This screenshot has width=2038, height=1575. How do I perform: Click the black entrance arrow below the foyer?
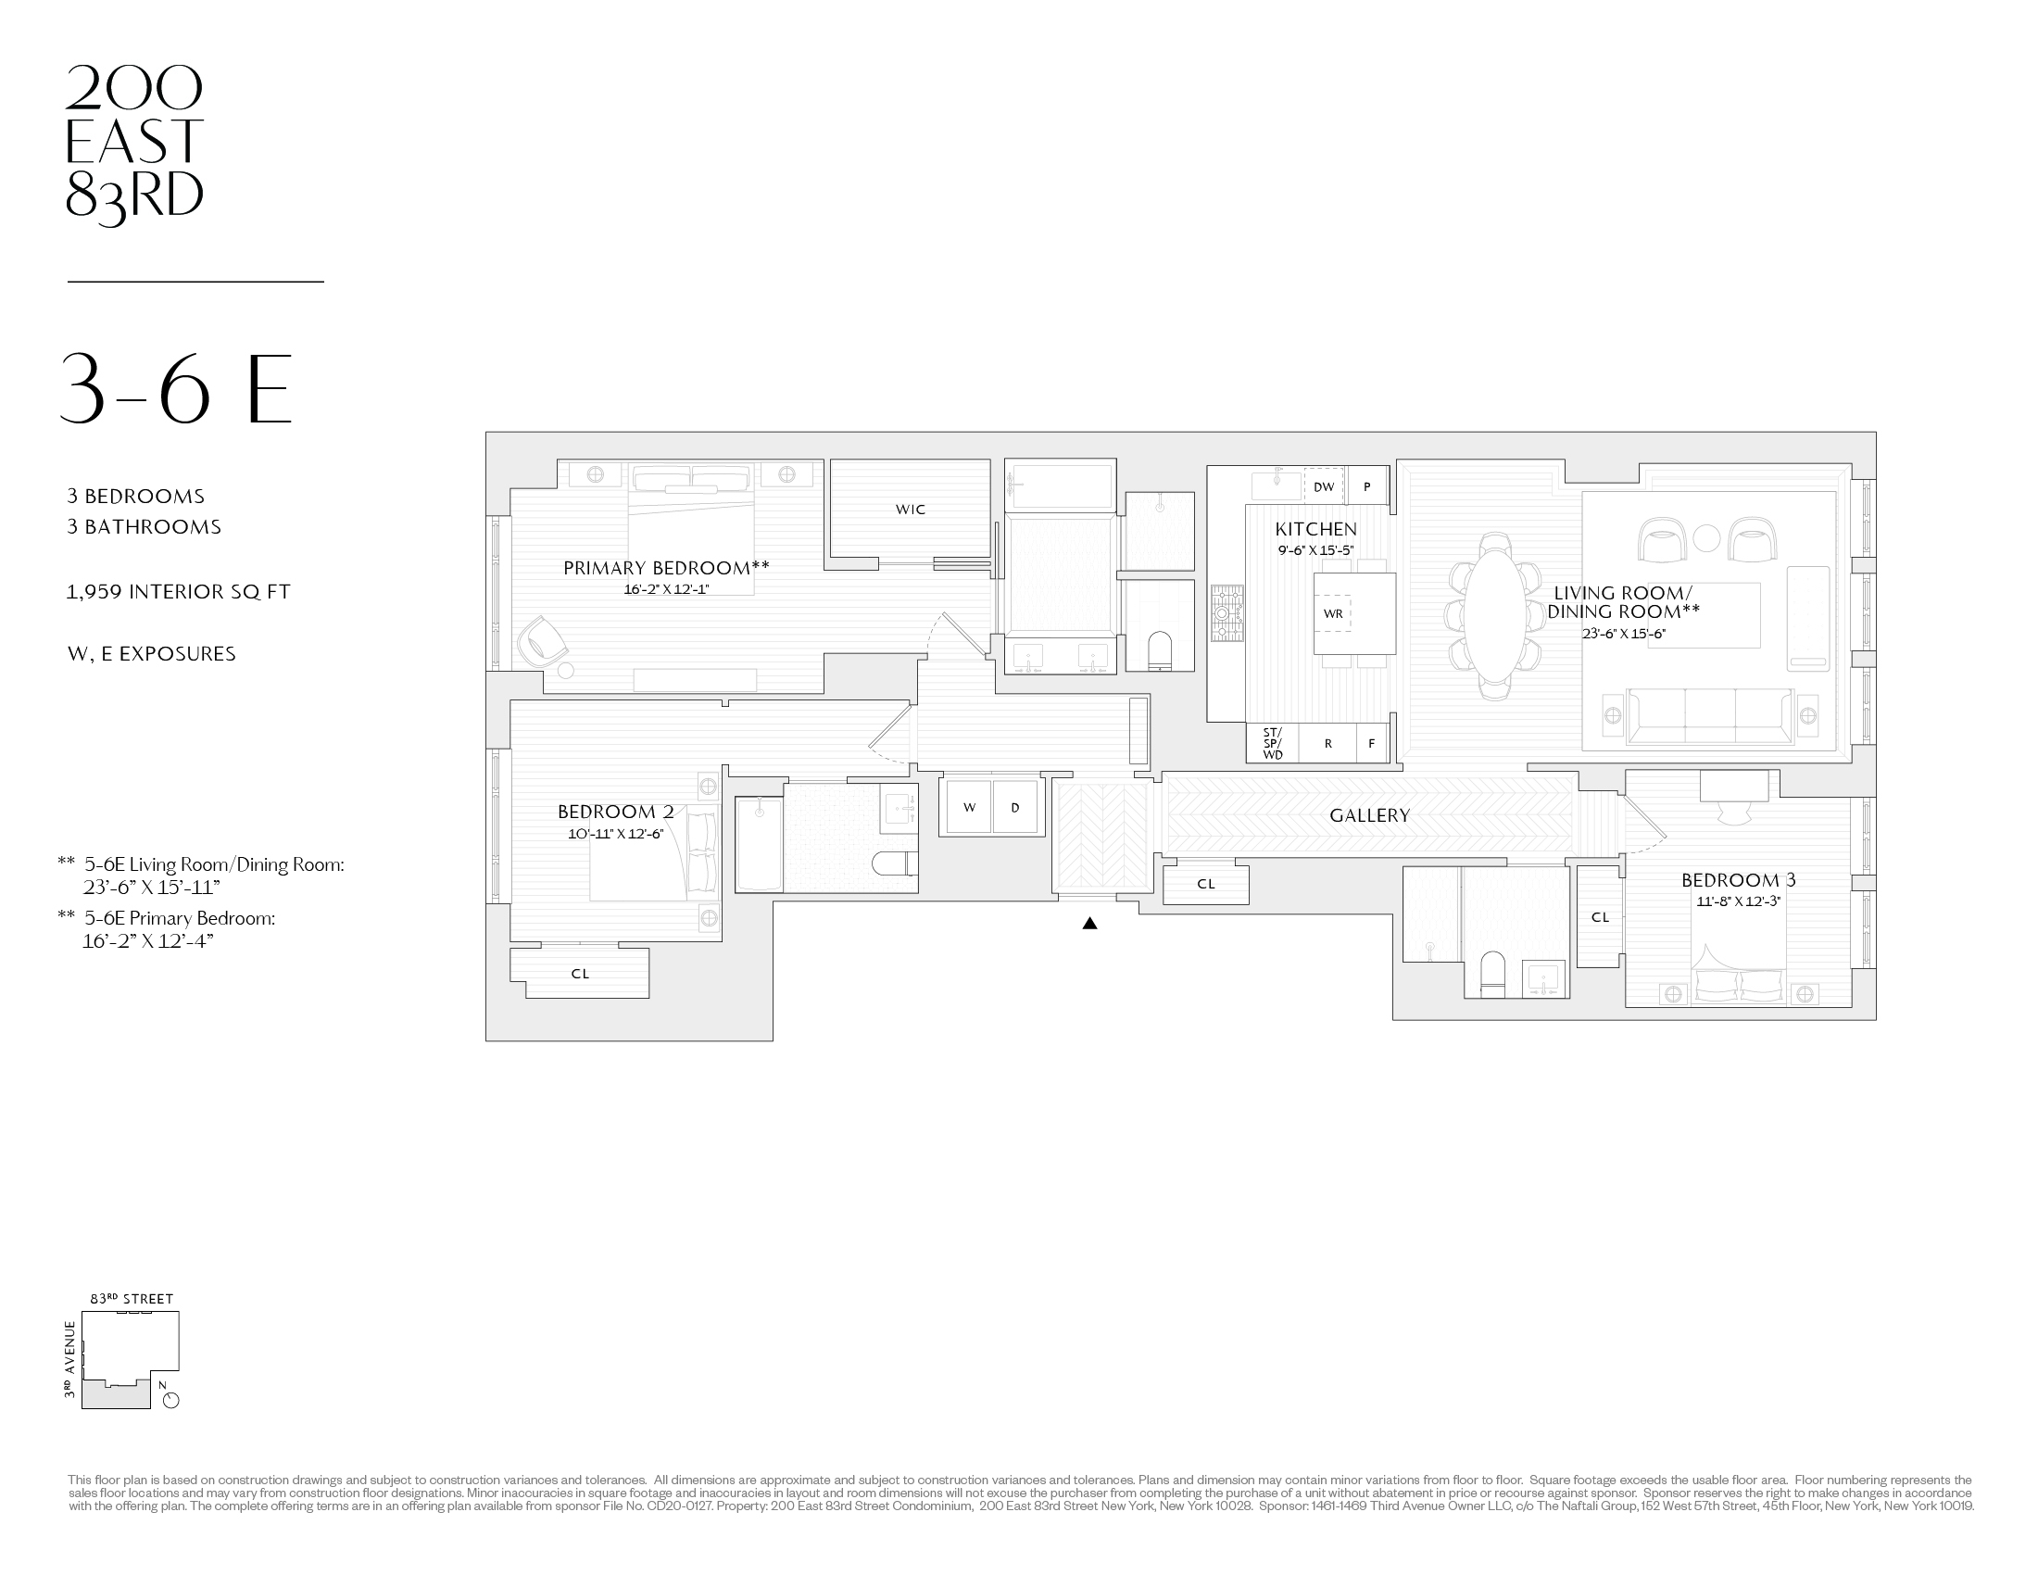[1089, 924]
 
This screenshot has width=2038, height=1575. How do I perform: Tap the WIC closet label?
[910, 510]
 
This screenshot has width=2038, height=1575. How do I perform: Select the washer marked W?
[969, 807]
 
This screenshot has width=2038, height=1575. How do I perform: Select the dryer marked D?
[1015, 807]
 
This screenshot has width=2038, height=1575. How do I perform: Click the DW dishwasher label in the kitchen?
[1323, 487]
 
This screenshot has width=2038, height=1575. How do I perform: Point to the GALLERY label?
[1369, 815]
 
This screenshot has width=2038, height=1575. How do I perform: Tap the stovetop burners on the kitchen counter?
[1227, 613]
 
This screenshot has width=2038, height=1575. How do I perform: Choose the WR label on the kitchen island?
[1332, 614]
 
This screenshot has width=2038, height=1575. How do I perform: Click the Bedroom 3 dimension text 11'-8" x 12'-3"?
[1738, 902]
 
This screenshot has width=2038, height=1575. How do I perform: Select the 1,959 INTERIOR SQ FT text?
[178, 593]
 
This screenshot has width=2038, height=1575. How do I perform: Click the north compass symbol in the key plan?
[170, 1400]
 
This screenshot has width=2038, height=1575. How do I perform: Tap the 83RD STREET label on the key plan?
[132, 1299]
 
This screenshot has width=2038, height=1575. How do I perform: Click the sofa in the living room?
[1709, 717]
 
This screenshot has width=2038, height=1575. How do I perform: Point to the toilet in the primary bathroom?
[1159, 649]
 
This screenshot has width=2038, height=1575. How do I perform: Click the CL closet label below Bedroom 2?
[580, 974]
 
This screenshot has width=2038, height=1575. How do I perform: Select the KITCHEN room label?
[1315, 530]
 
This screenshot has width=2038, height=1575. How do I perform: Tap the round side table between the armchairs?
[1705, 538]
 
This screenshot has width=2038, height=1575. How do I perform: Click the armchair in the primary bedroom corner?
[543, 641]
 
